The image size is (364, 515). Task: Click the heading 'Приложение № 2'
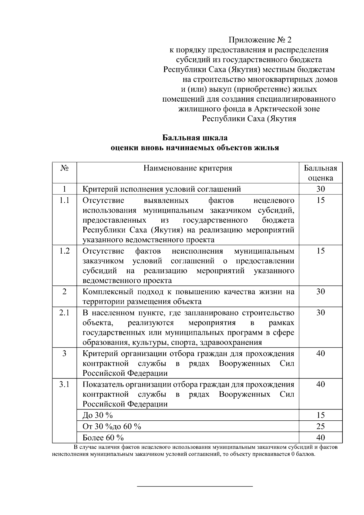point(260,40)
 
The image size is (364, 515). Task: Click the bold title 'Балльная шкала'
point(195,138)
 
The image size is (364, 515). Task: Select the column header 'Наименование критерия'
point(188,168)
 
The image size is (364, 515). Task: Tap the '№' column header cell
point(64,168)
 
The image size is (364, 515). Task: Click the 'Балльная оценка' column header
point(320,173)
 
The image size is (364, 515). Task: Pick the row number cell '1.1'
point(64,200)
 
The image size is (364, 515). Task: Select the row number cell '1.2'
point(64,251)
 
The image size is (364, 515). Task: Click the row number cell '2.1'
point(64,313)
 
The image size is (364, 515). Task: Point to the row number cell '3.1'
point(64,384)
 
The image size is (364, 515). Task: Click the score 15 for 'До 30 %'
point(320,415)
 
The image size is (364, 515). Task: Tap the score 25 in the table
point(320,426)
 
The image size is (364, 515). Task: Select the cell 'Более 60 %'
point(103,438)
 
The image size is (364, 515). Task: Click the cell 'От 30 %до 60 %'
point(112,426)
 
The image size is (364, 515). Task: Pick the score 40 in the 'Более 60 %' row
point(320,438)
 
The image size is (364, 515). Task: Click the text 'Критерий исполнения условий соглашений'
point(162,189)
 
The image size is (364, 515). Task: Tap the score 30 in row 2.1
point(320,313)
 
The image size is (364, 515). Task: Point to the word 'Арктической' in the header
point(276,109)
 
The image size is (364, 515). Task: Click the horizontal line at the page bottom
point(195,486)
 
